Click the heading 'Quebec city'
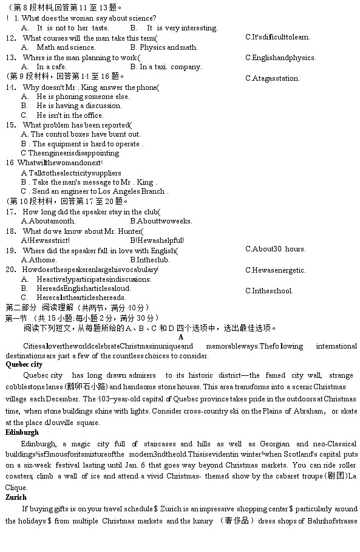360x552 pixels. (x=24, y=365)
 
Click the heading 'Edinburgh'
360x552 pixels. (x=22, y=432)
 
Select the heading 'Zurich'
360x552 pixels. (x=16, y=497)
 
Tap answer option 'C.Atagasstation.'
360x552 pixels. (x=273, y=78)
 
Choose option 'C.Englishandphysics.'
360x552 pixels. (x=280, y=58)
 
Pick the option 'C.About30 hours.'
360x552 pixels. (x=275, y=249)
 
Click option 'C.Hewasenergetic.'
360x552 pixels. (x=276, y=270)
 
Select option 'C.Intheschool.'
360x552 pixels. (x=269, y=291)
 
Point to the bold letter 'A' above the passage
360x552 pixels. (x=181, y=337)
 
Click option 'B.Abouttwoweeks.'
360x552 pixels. (x=161, y=221)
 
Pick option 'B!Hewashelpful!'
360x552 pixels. (x=157, y=240)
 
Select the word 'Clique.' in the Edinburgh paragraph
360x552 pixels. (x=16, y=487)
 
